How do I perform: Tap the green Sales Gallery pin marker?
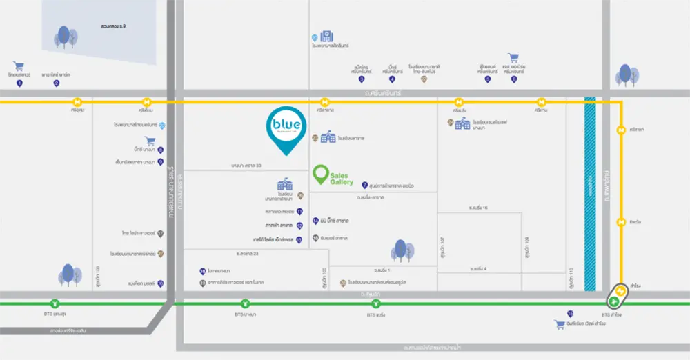pyautogui.click(x=320, y=174)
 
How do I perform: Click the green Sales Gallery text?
pyautogui.click(x=342, y=179)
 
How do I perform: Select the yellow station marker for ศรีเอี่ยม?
pyautogui.click(x=147, y=101)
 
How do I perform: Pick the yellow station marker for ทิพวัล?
pyautogui.click(x=622, y=222)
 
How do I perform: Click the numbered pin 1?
pyautogui.click(x=19, y=83)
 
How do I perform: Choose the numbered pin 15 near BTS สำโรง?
pyautogui.click(x=571, y=314)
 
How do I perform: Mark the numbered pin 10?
pyautogui.click(x=161, y=283)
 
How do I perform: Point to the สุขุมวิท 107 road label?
pyautogui.click(x=442, y=245)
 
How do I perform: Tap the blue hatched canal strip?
pyautogui.click(x=591, y=193)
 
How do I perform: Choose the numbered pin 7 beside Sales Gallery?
pyautogui.click(x=364, y=185)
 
